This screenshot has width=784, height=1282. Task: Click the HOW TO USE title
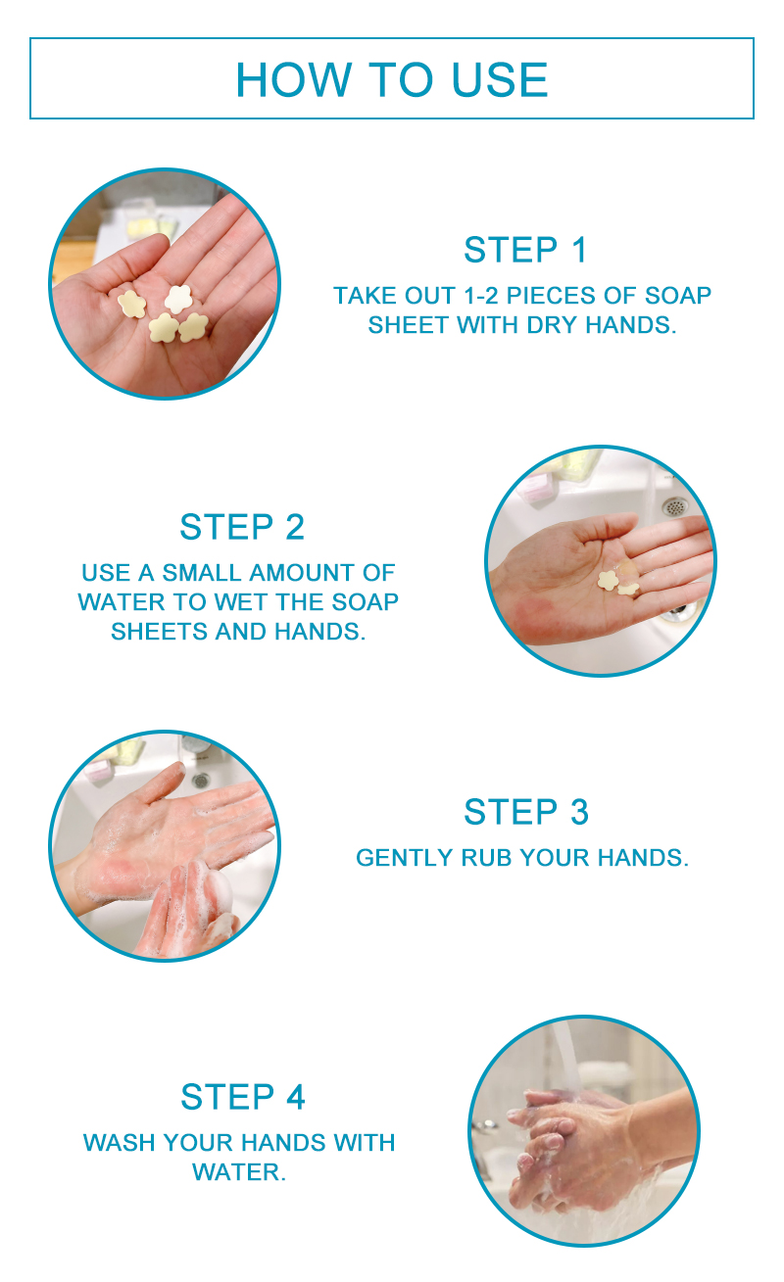392,79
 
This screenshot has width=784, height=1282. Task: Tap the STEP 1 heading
525,250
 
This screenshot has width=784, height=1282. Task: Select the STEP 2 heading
242,527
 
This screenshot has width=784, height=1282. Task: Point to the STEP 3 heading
525,812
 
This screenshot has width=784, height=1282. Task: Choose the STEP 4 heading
243,1097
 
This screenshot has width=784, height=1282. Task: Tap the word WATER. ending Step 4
239,1172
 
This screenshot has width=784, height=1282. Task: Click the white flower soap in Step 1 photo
178,299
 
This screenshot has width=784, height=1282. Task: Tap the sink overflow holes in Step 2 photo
674,506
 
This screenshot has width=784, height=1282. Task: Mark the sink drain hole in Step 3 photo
200,780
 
